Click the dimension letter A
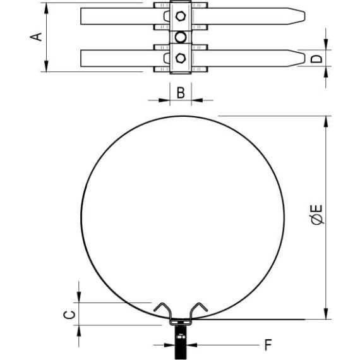pyautogui.click(x=36, y=37)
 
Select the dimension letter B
pyautogui.click(x=181, y=93)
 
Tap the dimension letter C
pyautogui.click(x=69, y=315)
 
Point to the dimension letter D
pyautogui.click(x=316, y=59)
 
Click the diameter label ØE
pyautogui.click(x=316, y=214)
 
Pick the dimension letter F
pyautogui.click(x=268, y=345)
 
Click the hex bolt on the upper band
pyautogui.click(x=181, y=16)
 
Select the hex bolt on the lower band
pyautogui.click(x=181, y=58)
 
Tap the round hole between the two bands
pyautogui.click(x=181, y=37)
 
